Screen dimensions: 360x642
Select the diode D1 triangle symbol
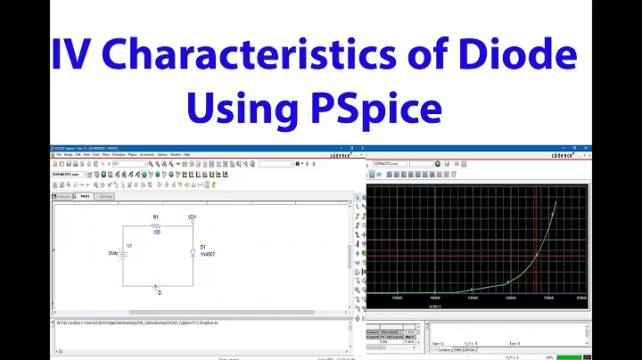point(193,253)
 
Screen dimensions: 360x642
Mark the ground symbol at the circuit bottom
point(158,287)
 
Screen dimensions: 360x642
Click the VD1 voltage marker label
point(192,217)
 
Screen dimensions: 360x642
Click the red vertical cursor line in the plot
point(535,241)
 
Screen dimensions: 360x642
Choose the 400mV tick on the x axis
point(434,297)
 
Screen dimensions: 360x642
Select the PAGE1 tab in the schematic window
point(85,196)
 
